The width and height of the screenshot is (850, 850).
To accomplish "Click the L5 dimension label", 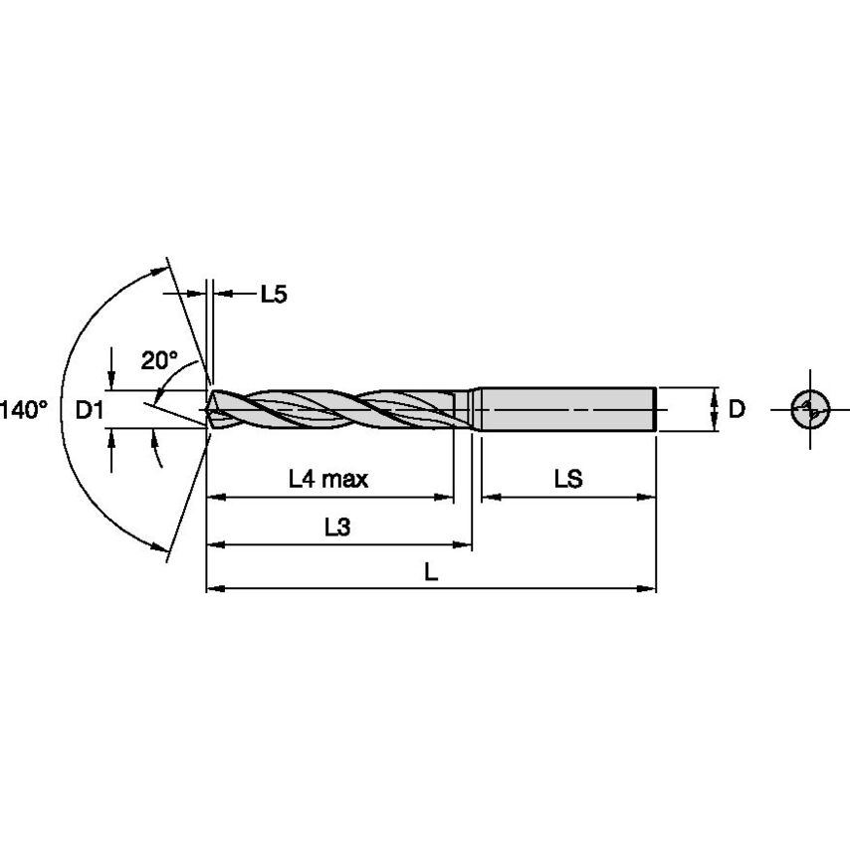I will (274, 294).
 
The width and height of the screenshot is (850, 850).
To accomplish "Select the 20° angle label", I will (158, 360).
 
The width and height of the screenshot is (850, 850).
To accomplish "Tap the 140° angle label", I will (23, 409).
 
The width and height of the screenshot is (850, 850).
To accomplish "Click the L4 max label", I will (328, 480).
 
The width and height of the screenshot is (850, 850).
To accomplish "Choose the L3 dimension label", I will (337, 529).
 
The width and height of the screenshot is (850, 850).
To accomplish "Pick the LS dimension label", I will (568, 480).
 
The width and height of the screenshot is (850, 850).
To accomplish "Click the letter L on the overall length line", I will (430, 573).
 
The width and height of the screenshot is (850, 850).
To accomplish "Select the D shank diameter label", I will (737, 409).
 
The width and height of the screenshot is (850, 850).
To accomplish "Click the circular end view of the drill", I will (811, 409).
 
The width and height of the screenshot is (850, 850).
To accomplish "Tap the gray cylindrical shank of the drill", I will (567, 408).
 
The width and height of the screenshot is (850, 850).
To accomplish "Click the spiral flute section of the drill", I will (338, 408).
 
